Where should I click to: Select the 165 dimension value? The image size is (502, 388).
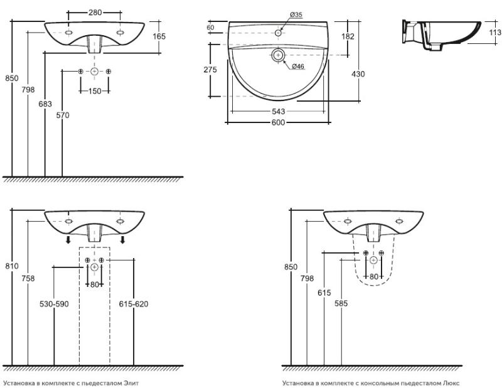click(x=159, y=36)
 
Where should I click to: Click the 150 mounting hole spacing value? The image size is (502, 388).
click(x=94, y=92)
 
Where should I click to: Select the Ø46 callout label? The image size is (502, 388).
click(x=297, y=67)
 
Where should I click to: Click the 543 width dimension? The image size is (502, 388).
click(x=279, y=111)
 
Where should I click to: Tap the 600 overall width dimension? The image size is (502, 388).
click(x=279, y=122)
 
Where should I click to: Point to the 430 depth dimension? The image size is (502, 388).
click(x=358, y=73)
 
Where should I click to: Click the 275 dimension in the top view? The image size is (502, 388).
click(x=211, y=70)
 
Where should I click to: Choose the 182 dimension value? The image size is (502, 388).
click(x=348, y=36)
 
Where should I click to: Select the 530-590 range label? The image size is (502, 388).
click(x=53, y=304)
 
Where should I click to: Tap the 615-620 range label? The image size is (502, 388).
click(x=133, y=304)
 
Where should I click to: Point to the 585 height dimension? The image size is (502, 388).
click(x=340, y=304)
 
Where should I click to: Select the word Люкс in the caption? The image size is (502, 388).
click(x=452, y=382)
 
